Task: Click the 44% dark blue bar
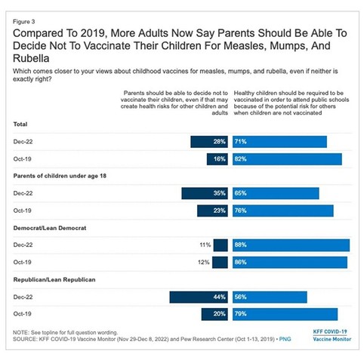pyautogui.click(x=199, y=297)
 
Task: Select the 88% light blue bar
pyautogui.click(x=291, y=245)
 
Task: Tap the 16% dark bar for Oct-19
pyautogui.click(x=217, y=159)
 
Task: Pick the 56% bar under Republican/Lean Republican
pyautogui.click(x=270, y=297)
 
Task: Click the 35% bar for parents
pyautogui.click(x=205, y=193)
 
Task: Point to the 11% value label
pyautogui.click(x=205, y=245)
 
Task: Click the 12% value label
pyautogui.click(x=204, y=262)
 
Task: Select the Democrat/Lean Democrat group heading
pyautogui.click(x=50, y=228)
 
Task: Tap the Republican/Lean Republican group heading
pyautogui.click(x=54, y=280)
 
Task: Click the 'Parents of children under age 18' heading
pyautogui.click(x=60, y=176)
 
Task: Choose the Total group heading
pyautogui.click(x=20, y=125)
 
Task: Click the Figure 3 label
pyautogui.click(x=24, y=22)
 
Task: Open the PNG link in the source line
pyautogui.click(x=285, y=339)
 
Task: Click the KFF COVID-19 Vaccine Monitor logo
pyautogui.click(x=332, y=335)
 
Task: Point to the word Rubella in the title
pyautogui.click(x=31, y=58)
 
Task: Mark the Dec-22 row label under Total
pyautogui.click(x=23, y=142)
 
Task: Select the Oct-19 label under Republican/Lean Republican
pyautogui.click(x=22, y=314)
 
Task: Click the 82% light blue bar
pyautogui.click(x=287, y=159)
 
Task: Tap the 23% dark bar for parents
pyautogui.click(x=212, y=211)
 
